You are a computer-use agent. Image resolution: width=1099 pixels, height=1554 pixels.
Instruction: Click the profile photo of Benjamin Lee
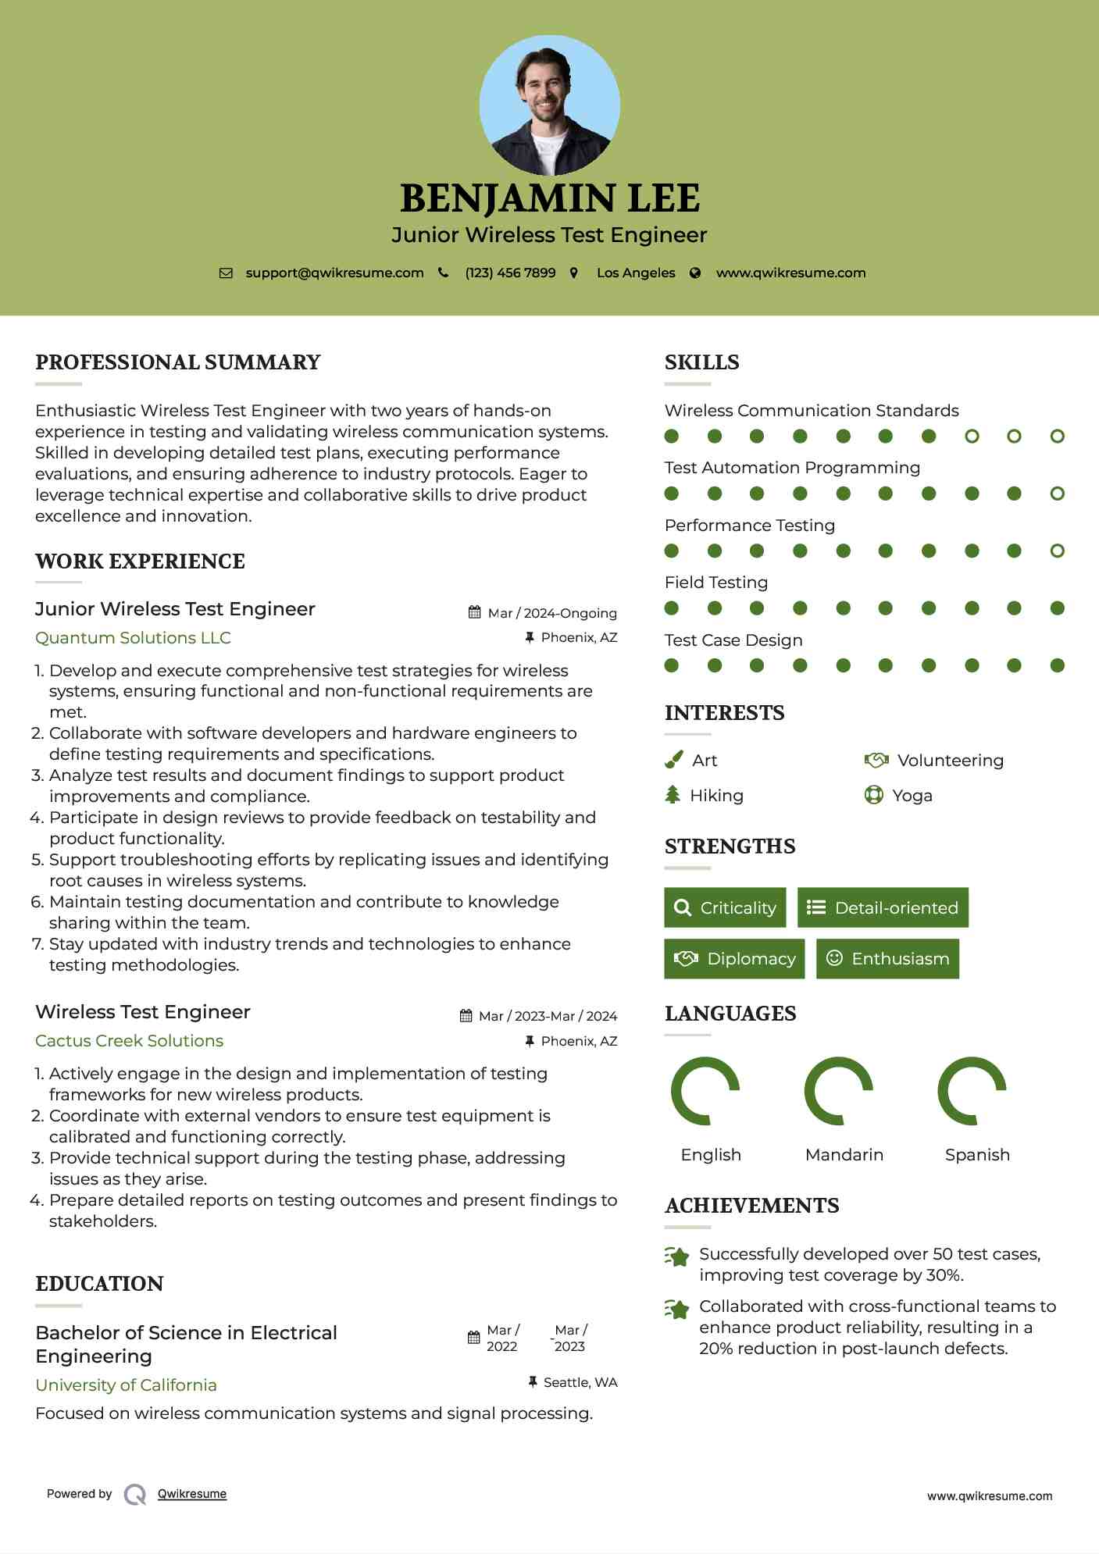point(549,105)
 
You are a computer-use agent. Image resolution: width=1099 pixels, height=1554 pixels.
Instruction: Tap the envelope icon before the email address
point(226,273)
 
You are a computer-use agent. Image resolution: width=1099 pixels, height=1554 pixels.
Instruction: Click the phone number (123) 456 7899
point(510,273)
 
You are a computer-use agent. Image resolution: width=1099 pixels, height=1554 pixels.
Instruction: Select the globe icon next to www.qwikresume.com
point(695,273)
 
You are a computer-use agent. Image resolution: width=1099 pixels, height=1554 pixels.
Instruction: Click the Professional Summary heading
point(178,362)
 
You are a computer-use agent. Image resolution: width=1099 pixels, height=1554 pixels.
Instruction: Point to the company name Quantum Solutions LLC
point(133,638)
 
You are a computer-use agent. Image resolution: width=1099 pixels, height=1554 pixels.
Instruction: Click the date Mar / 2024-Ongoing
point(552,613)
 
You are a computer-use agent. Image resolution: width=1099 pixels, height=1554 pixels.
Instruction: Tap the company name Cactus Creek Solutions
point(129,1041)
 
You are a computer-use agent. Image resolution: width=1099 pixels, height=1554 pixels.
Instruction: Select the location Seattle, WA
point(580,1382)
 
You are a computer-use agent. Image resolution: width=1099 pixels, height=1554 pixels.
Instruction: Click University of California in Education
point(126,1385)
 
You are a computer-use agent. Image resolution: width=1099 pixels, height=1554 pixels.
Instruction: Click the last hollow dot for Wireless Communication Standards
point(1057,437)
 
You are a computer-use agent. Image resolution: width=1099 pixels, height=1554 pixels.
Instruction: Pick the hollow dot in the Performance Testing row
point(1057,551)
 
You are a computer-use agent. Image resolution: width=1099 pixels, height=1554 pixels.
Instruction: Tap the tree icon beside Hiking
point(673,795)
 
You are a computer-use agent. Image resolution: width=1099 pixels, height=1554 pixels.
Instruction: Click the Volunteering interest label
point(950,761)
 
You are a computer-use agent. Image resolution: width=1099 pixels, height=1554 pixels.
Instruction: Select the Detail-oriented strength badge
point(883,907)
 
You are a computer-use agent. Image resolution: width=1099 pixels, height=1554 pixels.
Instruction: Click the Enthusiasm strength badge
point(887,959)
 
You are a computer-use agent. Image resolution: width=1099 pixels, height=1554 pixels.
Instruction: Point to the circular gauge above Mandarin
point(838,1091)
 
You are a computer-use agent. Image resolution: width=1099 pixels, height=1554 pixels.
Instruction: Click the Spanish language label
point(977,1155)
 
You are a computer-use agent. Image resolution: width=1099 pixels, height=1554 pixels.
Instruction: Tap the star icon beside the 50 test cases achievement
point(677,1256)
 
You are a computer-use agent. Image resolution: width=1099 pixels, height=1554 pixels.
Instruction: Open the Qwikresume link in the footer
point(191,1494)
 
